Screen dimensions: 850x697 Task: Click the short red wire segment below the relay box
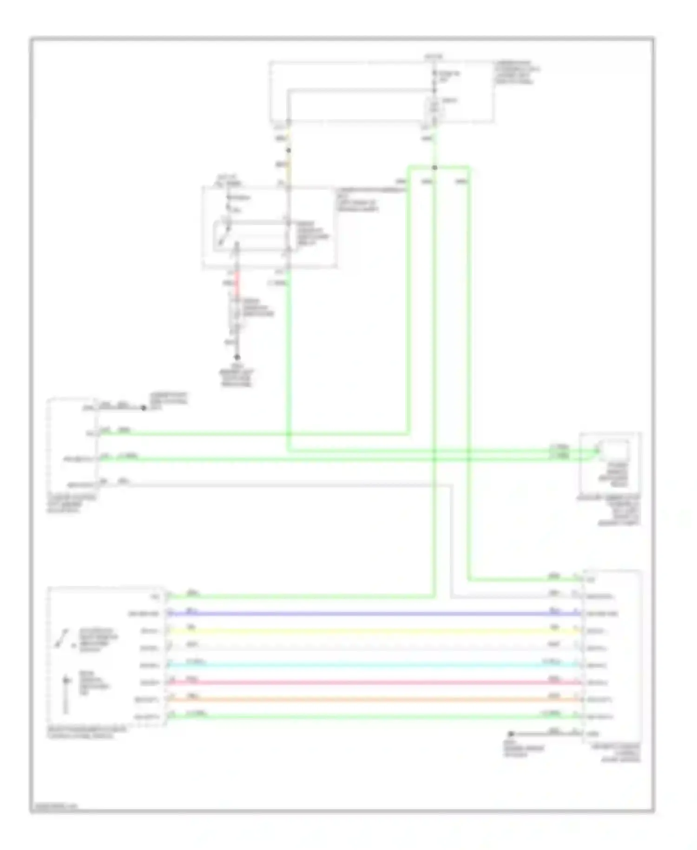click(237, 284)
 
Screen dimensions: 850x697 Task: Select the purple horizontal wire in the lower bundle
click(372, 614)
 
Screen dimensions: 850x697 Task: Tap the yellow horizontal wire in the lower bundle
click(372, 631)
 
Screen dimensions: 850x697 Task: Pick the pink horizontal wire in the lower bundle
click(372, 683)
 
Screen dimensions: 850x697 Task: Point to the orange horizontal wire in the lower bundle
click(372, 700)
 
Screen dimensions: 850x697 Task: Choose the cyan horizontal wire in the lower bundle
click(372, 665)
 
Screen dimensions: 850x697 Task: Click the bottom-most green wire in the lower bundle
click(372, 717)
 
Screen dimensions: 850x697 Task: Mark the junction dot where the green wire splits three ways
click(434, 167)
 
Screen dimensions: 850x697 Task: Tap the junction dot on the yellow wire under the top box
click(289, 150)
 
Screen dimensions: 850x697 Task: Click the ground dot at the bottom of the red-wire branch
click(237, 357)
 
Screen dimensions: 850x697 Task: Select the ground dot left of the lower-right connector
click(511, 734)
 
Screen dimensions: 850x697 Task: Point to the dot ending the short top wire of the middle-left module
click(144, 408)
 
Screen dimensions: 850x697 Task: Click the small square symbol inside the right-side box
click(613, 450)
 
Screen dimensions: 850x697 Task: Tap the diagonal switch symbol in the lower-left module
click(62, 638)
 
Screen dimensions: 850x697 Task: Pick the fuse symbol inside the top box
click(434, 107)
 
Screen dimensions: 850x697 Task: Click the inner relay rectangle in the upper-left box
click(251, 237)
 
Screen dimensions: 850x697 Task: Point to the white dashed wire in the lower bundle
click(372, 648)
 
